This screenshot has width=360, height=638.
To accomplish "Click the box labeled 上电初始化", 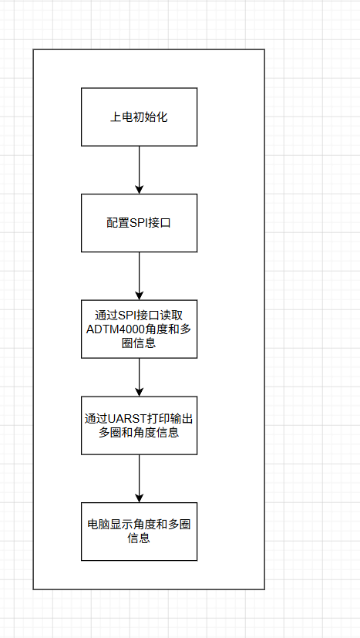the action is [139, 116].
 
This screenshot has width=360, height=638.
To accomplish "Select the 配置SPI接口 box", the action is [139, 223].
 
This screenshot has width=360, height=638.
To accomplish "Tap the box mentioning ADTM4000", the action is [139, 329].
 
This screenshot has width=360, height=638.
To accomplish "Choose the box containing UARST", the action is [139, 426].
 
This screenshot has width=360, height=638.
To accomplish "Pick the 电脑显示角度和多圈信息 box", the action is [139, 532].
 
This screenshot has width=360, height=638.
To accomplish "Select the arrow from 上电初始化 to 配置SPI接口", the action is [139, 170].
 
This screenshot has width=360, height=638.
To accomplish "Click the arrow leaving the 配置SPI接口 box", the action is [139, 276].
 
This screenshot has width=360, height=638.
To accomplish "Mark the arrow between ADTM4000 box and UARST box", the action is [139, 377].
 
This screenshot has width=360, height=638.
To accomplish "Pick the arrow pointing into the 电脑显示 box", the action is [139, 478].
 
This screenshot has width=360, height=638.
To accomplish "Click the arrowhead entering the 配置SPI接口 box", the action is [139, 189].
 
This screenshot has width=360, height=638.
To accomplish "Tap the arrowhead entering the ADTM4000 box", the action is [139, 295].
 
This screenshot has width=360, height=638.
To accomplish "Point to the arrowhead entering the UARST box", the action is [139, 392].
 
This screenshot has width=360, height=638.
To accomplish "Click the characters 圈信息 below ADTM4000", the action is [139, 343].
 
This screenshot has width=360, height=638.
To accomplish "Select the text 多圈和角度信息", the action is [139, 432].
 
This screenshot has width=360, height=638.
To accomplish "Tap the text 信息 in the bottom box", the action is [139, 538].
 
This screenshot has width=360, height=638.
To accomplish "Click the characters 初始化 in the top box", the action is [150, 117].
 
